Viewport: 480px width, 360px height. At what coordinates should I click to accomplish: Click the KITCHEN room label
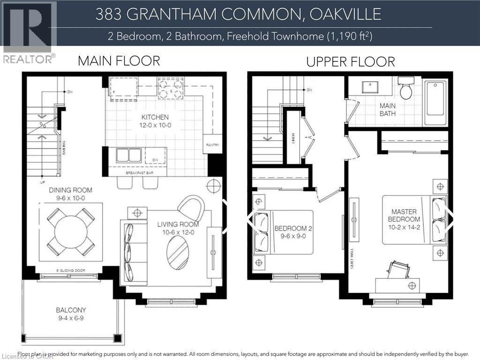click(155, 117)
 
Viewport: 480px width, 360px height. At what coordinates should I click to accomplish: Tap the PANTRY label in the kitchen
click(212, 145)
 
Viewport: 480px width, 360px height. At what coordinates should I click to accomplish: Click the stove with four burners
click(171, 88)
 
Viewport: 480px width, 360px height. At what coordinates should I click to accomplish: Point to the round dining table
click(71, 232)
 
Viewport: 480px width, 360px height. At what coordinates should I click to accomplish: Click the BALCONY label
click(71, 310)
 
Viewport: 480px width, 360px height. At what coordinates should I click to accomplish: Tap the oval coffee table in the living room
click(178, 252)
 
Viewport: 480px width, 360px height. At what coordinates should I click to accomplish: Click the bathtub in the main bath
click(435, 103)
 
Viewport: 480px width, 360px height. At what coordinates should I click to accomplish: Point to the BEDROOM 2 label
click(293, 228)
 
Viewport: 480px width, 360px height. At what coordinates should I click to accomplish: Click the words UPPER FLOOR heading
click(350, 62)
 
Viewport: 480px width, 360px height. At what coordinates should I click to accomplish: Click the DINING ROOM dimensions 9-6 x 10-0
click(70, 198)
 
